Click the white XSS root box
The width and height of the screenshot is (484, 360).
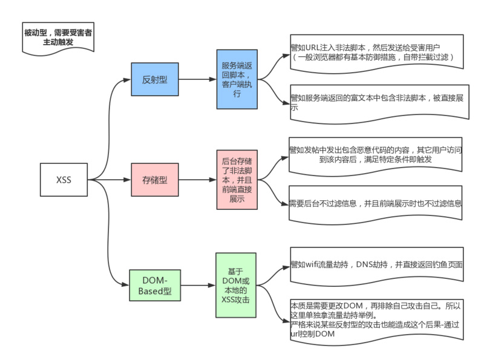pos(64,180)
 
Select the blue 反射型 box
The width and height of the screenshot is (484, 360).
pos(155,79)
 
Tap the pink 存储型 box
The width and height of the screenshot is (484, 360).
pos(155,180)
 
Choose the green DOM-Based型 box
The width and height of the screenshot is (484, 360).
pos(155,286)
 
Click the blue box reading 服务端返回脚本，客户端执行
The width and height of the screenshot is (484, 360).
pos(237,79)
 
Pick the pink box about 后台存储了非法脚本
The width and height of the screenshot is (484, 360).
pos(237,180)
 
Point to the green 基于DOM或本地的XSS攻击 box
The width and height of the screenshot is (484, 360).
pos(236,286)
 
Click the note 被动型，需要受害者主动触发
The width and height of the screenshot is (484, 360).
pos(58,38)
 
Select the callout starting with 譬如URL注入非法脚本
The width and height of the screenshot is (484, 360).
pos(377,53)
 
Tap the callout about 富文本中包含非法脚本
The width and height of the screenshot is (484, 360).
pos(380,103)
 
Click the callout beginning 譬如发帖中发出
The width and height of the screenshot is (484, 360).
pos(375,156)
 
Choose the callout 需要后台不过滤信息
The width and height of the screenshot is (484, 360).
pos(375,204)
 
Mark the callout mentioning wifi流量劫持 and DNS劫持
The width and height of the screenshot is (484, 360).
pos(377,266)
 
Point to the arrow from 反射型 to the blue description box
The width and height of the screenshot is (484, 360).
pos(198,79)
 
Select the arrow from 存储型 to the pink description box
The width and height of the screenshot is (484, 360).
pos(198,180)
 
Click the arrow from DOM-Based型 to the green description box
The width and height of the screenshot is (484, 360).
pos(198,286)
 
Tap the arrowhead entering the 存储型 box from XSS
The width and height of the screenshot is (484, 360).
pos(128,180)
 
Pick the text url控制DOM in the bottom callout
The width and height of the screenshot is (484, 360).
pos(312,334)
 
